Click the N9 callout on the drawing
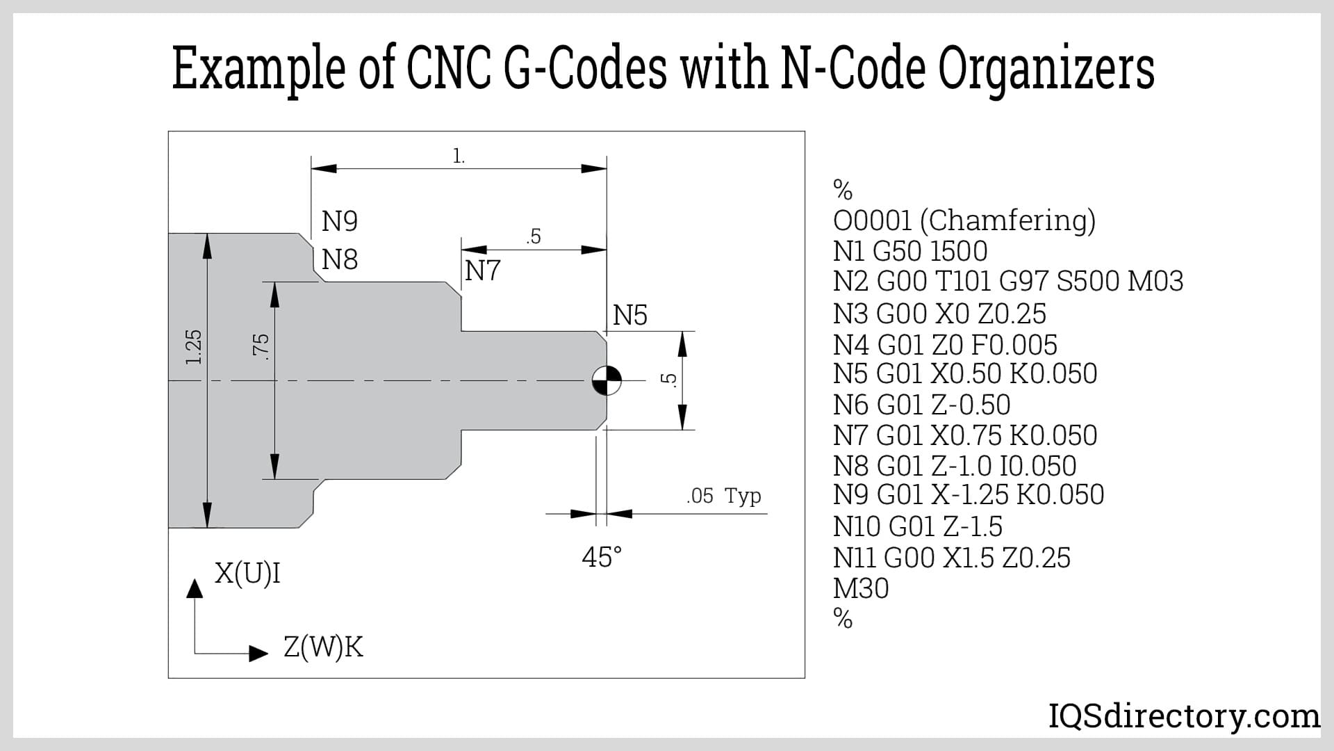pos(340,221)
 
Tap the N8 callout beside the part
pos(340,260)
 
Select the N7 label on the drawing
pos(482,270)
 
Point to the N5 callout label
pos(629,315)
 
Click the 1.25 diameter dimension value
pos(194,347)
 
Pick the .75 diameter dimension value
pos(261,346)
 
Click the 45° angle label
pos(602,557)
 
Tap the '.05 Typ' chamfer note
pos(723,496)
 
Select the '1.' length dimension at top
pos(459,156)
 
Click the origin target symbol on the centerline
pos(607,380)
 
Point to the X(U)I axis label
pos(247,574)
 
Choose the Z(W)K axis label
pos(323,647)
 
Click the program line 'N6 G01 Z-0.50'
pos(921,404)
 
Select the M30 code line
pos(861,588)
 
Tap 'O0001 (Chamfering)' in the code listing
pos(964,221)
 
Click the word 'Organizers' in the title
pos(1046,70)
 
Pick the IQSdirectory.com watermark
pos(1184,716)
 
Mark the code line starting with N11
pos(952,558)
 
